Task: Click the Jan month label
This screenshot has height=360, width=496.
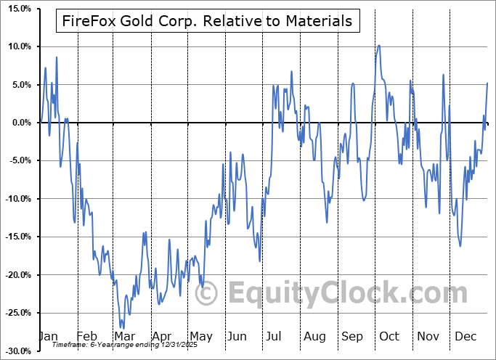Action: pyautogui.click(x=47, y=336)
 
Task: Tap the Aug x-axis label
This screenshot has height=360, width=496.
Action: pyautogui.click(x=315, y=336)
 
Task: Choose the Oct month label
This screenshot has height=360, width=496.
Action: pyautogui.click(x=389, y=336)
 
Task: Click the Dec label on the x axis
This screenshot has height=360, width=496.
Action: pyautogui.click(x=465, y=336)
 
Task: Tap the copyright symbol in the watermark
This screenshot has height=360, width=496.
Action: pyautogui.click(x=207, y=294)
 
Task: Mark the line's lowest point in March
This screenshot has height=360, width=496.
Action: pyautogui.click(x=121, y=328)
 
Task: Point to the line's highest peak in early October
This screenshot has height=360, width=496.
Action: pyautogui.click(x=379, y=45)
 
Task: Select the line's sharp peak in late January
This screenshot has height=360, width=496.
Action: pyautogui.click(x=56, y=57)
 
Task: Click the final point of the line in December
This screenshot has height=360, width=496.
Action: pyautogui.click(x=487, y=83)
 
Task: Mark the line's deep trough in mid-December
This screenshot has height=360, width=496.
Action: pyautogui.click(x=460, y=246)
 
